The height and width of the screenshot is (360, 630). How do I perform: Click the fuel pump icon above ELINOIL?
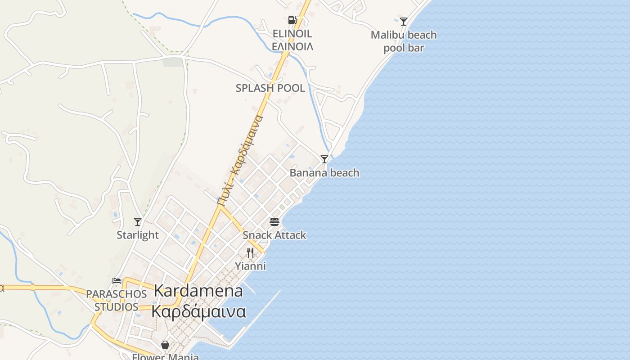tap(292, 20)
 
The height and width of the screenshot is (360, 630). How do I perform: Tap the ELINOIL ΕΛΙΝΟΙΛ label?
tap(292, 40)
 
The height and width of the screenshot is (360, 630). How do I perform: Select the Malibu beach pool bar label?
tap(404, 41)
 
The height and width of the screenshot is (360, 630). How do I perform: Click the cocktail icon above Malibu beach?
tap(404, 22)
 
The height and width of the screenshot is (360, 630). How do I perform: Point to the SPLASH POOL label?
tap(270, 88)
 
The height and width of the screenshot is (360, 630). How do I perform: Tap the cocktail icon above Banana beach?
tap(324, 159)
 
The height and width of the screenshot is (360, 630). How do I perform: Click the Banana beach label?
tap(324, 173)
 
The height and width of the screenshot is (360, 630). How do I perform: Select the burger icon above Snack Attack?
tap(274, 221)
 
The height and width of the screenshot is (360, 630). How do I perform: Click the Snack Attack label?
tap(274, 235)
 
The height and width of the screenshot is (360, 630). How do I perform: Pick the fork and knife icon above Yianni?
tap(250, 253)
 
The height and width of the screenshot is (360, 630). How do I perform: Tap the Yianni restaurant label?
tap(251, 266)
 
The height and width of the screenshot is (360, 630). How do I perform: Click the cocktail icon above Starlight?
tap(138, 221)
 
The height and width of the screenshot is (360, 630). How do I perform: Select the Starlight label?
tap(138, 235)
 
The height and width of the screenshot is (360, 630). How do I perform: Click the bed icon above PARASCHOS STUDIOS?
tap(117, 280)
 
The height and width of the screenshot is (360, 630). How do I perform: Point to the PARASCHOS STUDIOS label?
tap(117, 300)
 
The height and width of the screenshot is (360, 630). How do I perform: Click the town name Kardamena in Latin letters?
tap(198, 291)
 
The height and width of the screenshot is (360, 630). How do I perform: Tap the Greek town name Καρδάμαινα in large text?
tap(198, 311)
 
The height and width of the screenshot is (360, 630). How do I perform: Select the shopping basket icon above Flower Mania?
tap(165, 345)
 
